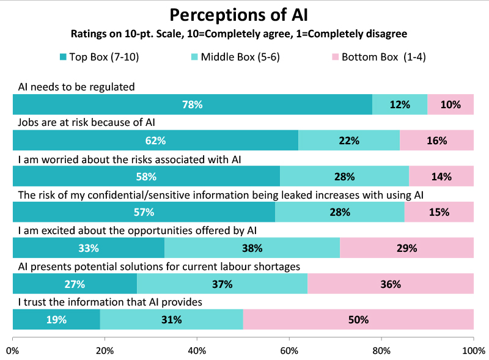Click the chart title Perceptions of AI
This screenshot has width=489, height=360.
244,15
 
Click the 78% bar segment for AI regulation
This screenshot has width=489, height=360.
193,105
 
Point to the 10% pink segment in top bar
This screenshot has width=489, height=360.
450,105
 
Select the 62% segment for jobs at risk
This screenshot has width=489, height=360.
155,141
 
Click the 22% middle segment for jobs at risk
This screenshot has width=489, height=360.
349,141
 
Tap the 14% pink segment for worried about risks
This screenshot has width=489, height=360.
441,177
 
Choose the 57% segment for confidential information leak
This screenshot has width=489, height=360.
144,212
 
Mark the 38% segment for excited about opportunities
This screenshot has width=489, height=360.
252,248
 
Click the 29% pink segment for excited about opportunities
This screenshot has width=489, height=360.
406,248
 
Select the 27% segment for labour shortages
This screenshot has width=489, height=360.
75,284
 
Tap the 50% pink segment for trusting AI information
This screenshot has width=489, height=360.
359,320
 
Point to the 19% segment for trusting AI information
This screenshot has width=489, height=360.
56,320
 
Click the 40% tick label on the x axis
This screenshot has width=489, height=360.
197,351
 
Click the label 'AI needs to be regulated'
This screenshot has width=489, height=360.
76,87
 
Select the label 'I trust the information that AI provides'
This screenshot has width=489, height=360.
110,302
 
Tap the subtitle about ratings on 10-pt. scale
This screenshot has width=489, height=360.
244,33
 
